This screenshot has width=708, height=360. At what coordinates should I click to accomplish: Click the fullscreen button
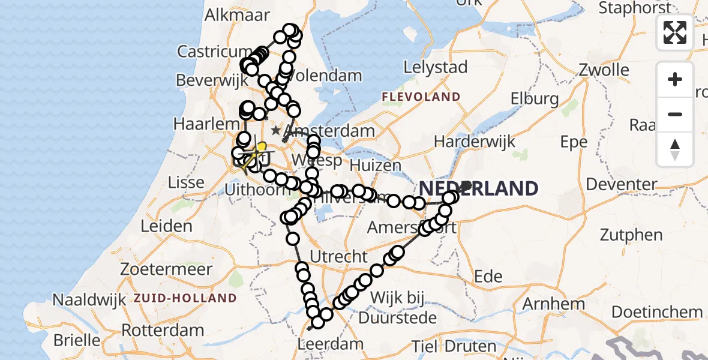[x=675, y=32]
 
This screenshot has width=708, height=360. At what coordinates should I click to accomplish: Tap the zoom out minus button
[x=675, y=114]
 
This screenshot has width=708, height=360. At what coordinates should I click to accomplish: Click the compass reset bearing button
[x=675, y=149]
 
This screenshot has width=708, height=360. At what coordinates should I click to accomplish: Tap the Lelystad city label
[x=436, y=67]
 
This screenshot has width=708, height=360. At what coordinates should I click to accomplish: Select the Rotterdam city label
[x=163, y=330]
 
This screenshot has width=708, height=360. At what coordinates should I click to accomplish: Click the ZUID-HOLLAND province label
[x=185, y=298]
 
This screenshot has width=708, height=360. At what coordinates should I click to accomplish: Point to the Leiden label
[x=166, y=227]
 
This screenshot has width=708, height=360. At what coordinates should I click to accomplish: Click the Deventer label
[x=622, y=184]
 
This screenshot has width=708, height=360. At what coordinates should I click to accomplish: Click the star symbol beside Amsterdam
[x=275, y=130]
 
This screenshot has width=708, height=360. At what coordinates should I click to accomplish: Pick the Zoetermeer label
[x=159, y=269]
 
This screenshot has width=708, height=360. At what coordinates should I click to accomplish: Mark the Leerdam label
[x=331, y=344]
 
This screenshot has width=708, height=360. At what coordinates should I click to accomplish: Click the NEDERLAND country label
[x=478, y=189]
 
